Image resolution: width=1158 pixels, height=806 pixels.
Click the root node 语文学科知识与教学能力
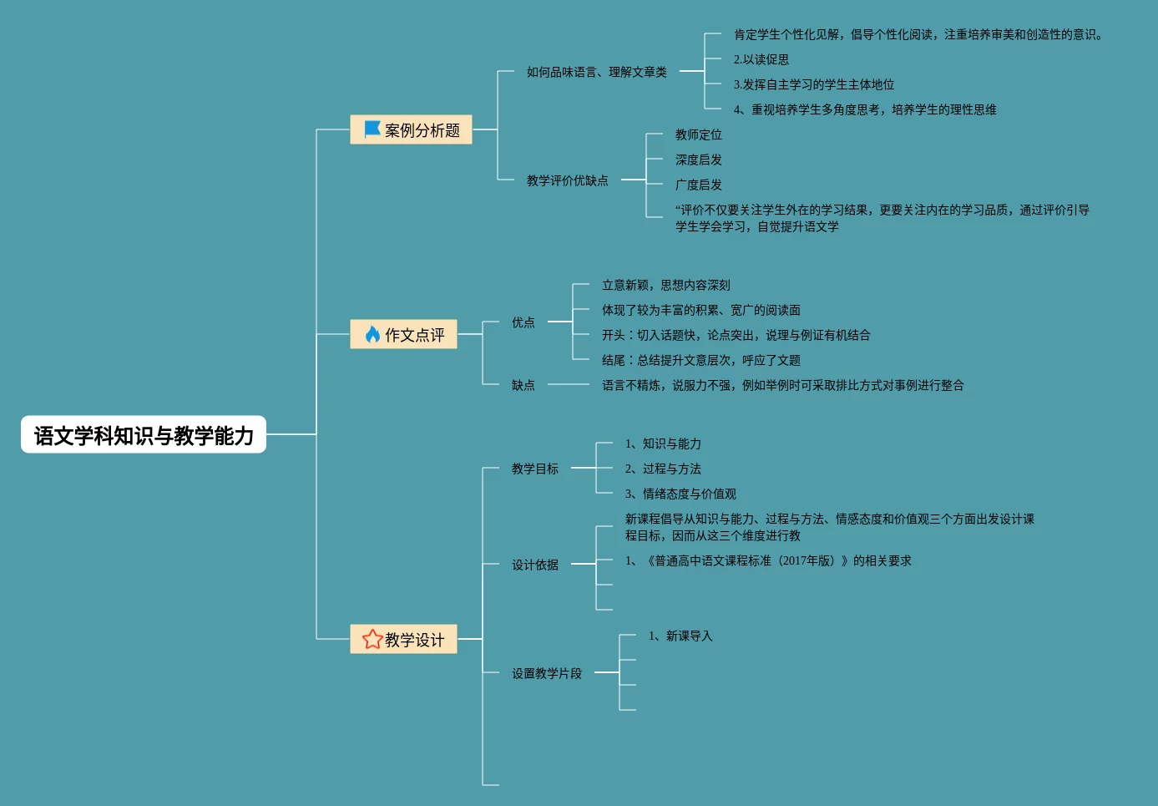point(144,435)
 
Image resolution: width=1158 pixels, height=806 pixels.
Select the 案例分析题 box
point(411,130)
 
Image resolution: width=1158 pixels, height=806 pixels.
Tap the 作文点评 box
point(403,335)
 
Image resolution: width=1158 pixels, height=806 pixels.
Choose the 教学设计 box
point(403,640)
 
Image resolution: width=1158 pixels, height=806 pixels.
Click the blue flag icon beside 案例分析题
point(372,129)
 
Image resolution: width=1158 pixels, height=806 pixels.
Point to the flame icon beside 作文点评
point(372,335)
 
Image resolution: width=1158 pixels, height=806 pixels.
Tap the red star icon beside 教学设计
point(372,640)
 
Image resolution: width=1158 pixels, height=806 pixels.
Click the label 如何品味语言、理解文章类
point(596,72)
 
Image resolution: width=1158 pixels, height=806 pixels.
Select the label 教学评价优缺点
point(567,180)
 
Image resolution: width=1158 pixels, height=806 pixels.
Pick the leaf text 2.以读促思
point(761,59)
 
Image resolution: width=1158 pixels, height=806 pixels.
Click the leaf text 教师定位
point(698,134)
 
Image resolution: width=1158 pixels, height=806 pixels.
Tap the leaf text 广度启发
point(698,185)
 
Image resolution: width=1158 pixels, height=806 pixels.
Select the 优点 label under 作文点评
point(523,322)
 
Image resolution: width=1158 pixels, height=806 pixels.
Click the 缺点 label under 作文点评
point(523,385)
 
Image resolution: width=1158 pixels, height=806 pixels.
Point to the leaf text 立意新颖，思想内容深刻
point(665,285)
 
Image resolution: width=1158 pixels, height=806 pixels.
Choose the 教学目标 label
point(534,469)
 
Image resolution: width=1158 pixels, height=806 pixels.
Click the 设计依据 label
point(534,565)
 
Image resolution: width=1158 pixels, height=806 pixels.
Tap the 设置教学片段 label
point(546,673)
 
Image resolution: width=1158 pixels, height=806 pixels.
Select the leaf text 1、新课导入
point(680,636)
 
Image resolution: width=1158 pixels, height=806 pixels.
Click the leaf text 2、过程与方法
point(663,469)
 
